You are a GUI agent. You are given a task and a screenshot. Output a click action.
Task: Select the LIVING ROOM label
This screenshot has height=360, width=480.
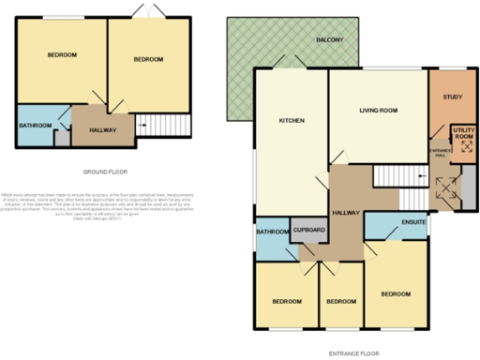[x=379, y=111]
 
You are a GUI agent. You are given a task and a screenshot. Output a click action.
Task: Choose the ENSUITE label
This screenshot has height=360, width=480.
[x=413, y=223]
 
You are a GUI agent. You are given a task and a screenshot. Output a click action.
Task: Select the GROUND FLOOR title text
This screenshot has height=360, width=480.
[x=105, y=172]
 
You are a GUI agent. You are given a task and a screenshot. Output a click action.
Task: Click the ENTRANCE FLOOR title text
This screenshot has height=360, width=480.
[x=353, y=352]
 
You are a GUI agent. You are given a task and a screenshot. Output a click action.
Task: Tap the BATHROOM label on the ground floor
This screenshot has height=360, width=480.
[x=35, y=125]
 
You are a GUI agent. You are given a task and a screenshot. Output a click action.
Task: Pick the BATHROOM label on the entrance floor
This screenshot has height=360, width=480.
[x=271, y=231]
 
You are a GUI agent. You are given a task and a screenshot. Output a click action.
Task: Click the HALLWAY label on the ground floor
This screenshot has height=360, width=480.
[x=102, y=130]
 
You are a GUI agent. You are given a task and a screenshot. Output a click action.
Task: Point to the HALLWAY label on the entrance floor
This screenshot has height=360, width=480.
[x=347, y=214]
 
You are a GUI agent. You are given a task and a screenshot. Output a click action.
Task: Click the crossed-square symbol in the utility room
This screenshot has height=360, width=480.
[x=462, y=145]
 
